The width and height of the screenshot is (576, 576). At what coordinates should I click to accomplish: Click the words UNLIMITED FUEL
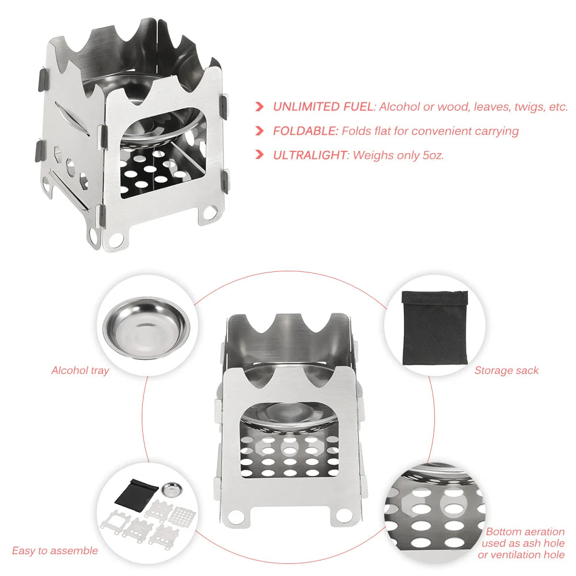(314, 107)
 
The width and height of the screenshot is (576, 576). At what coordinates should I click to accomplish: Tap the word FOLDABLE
(305, 131)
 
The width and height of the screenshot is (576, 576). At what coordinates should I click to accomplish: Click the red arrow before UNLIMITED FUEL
(260, 107)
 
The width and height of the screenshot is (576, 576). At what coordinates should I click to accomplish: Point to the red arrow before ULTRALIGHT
(260, 155)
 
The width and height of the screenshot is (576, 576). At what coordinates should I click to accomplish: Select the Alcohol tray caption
(80, 370)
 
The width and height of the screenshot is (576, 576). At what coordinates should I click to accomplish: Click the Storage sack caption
(506, 370)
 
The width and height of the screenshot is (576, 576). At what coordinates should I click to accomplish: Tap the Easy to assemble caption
(55, 551)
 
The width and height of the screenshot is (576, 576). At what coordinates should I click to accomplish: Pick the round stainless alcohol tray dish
(146, 328)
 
